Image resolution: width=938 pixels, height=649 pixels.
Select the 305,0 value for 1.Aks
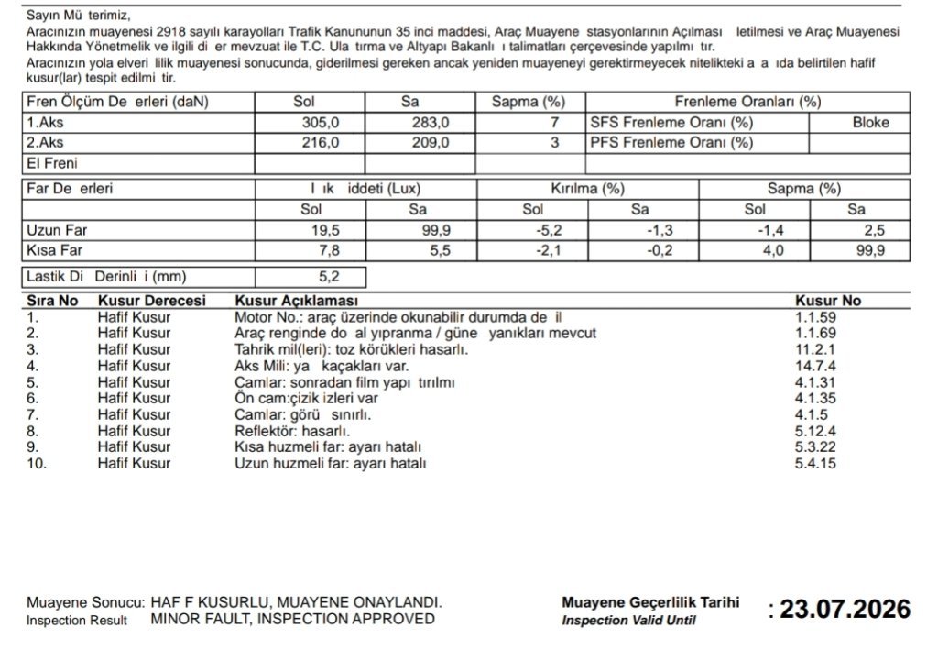click(x=321, y=123)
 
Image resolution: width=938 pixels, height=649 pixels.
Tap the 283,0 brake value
click(x=431, y=123)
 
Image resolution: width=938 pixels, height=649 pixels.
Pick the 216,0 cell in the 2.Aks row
click(x=321, y=143)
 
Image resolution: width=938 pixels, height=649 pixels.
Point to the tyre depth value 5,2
click(x=327, y=276)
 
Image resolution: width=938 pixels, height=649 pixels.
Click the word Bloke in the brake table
click(x=870, y=123)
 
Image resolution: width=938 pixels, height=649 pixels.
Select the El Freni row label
click(x=52, y=164)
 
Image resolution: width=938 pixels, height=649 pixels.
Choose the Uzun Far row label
click(x=58, y=231)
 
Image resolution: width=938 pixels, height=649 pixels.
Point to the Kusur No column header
click(x=828, y=301)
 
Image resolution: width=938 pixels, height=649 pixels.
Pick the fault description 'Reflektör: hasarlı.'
click(x=292, y=431)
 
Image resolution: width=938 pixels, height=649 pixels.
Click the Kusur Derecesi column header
click(x=151, y=301)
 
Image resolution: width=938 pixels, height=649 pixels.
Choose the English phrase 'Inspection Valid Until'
click(x=628, y=621)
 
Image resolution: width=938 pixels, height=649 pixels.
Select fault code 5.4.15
click(x=816, y=463)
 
